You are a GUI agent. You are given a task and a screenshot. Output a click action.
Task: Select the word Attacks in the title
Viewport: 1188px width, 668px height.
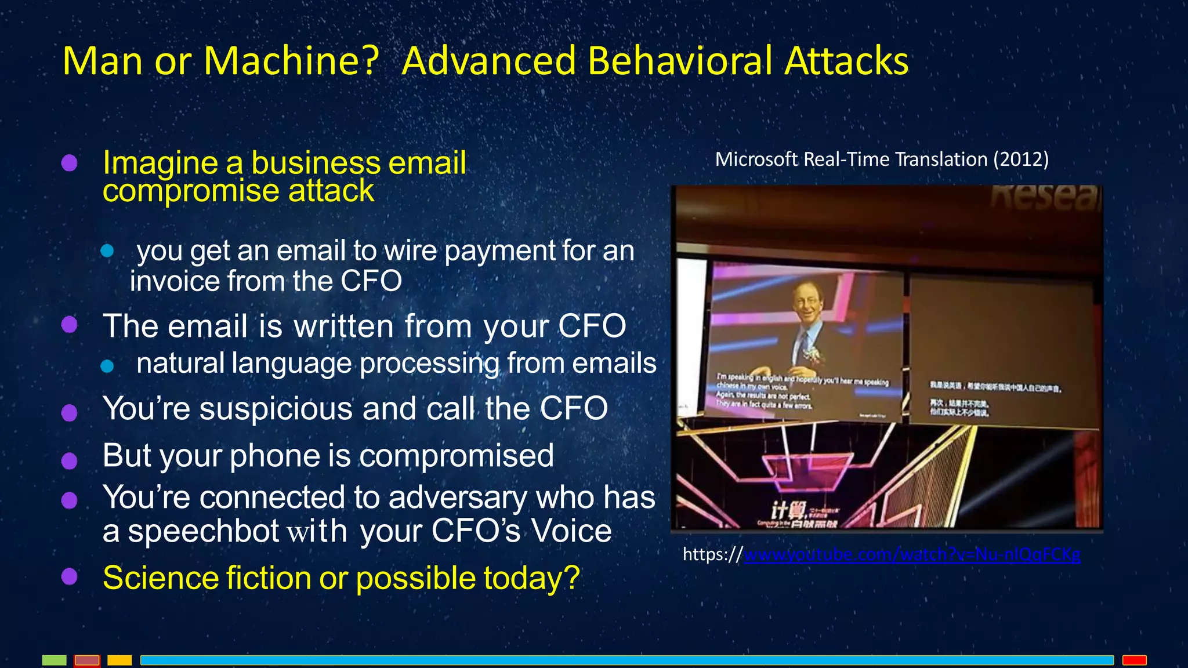847,61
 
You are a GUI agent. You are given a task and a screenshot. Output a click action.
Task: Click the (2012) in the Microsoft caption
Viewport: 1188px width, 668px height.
1020,159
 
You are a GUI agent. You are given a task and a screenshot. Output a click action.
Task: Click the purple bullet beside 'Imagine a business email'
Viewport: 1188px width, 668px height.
70,163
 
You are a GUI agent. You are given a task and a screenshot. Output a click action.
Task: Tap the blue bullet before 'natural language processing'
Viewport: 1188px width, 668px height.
107,366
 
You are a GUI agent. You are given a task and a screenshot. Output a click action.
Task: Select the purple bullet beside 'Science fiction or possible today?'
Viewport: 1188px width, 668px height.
70,577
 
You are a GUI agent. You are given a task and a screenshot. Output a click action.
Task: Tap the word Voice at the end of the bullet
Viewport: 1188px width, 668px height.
571,531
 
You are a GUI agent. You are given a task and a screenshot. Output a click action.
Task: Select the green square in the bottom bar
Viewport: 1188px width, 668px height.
55,660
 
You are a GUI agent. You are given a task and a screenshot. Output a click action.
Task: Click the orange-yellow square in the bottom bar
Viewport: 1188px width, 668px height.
119,660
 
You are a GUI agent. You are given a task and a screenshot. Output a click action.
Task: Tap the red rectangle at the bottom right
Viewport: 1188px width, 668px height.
1134,660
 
